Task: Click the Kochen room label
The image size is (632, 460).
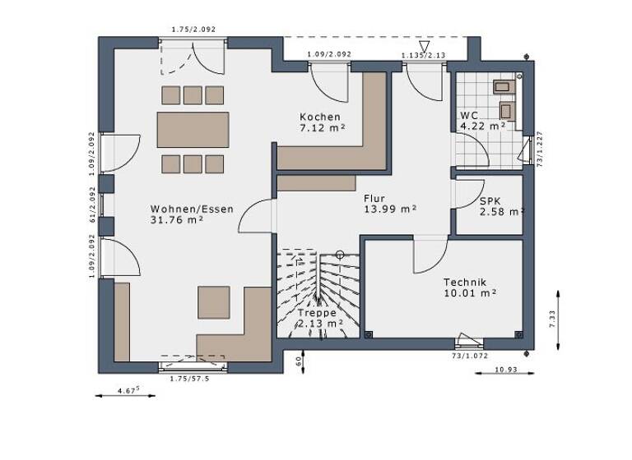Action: pyautogui.click(x=320, y=117)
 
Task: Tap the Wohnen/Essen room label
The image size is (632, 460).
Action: pyautogui.click(x=192, y=209)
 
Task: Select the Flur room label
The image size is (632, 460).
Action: pyautogui.click(x=375, y=198)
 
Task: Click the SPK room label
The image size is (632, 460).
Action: pyautogui.click(x=491, y=200)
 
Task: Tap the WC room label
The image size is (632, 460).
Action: pyautogui.click(x=469, y=116)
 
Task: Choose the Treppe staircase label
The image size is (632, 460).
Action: pyautogui.click(x=318, y=313)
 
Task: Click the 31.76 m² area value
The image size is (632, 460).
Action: pyautogui.click(x=179, y=220)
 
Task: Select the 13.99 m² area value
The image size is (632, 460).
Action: pyautogui.click(x=390, y=209)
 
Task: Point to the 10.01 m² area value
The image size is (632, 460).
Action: pyautogui.click(x=469, y=292)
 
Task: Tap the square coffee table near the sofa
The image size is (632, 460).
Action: pyautogui.click(x=213, y=301)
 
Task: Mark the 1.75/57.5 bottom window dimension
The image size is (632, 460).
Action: pyautogui.click(x=189, y=379)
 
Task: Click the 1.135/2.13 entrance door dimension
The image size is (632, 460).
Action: pyautogui.click(x=424, y=55)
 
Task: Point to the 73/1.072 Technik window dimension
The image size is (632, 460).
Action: pyautogui.click(x=469, y=357)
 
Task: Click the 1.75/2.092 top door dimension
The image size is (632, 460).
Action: pyautogui.click(x=193, y=30)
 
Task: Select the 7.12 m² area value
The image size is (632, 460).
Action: pyautogui.click(x=321, y=128)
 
